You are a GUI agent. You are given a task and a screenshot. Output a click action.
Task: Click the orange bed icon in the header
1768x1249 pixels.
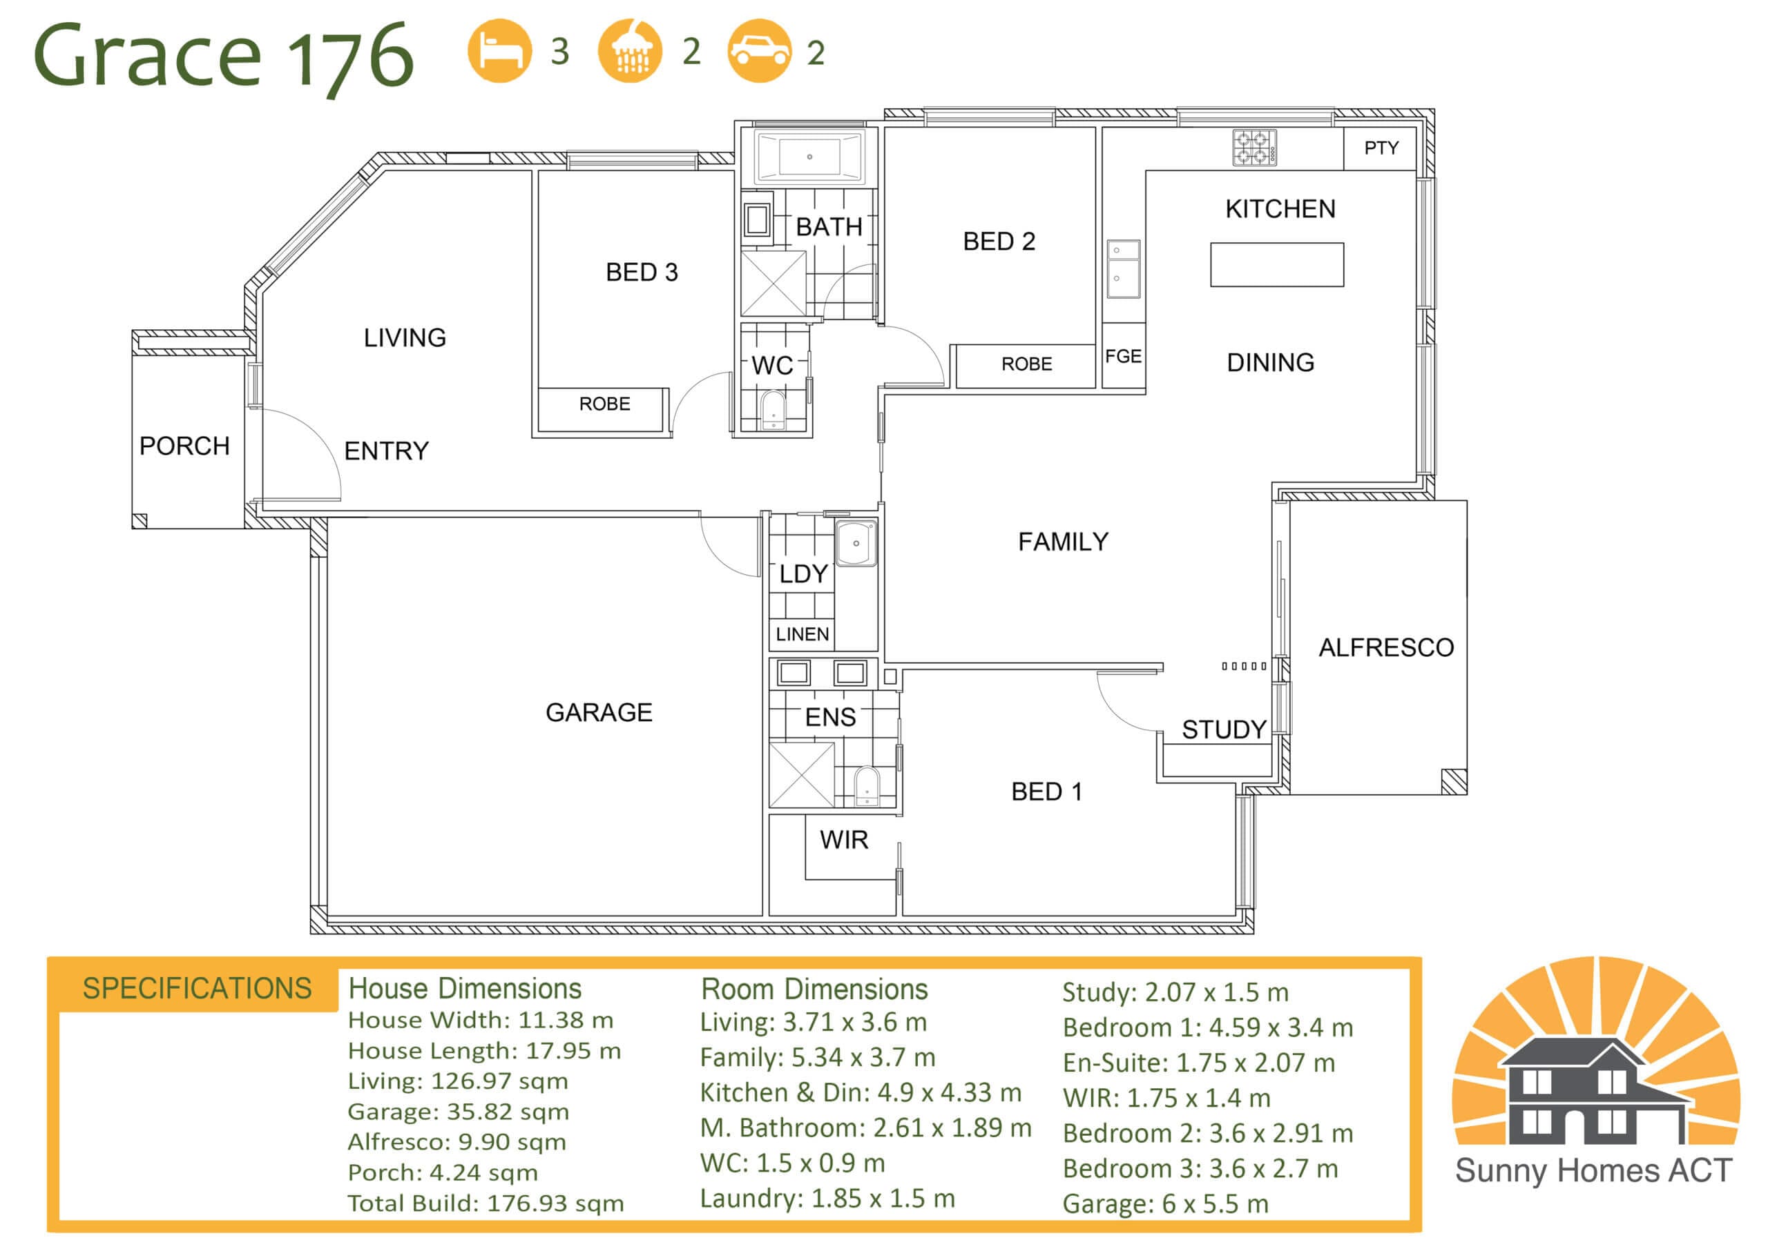coord(500,51)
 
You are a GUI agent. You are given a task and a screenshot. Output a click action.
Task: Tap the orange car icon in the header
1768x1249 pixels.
coord(759,51)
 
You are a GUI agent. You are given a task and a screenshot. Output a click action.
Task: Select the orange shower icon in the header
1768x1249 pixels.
coord(630,51)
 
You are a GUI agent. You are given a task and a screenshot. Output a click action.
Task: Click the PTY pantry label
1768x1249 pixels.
coord(1381,148)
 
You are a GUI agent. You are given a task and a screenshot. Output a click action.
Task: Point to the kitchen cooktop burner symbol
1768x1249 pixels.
coord(1253,148)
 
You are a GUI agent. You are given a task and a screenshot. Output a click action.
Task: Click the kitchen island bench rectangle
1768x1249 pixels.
coord(1277,265)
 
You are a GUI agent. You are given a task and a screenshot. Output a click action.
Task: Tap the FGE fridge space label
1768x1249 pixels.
coord(1124,356)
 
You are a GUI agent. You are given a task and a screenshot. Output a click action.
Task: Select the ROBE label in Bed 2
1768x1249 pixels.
coord(1026,364)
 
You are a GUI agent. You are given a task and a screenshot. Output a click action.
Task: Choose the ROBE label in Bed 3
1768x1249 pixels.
coord(604,404)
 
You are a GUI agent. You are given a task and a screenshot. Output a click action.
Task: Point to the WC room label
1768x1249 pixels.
coord(772,366)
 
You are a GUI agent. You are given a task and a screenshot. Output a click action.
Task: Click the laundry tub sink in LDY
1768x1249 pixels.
coord(856,544)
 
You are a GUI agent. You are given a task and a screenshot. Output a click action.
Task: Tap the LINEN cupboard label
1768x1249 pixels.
coord(803,634)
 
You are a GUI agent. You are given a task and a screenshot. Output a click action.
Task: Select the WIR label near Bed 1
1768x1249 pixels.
coord(844,840)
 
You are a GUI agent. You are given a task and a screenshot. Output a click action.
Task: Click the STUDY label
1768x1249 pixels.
coord(1224,729)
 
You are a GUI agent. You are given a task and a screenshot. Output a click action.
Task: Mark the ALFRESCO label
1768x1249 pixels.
coord(1386,647)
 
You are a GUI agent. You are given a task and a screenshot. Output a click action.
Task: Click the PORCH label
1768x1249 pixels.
coord(185,446)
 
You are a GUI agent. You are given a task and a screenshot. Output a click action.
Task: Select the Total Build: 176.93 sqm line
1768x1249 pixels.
coord(486,1203)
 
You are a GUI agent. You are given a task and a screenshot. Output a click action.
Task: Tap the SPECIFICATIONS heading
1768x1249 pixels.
coord(197,988)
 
